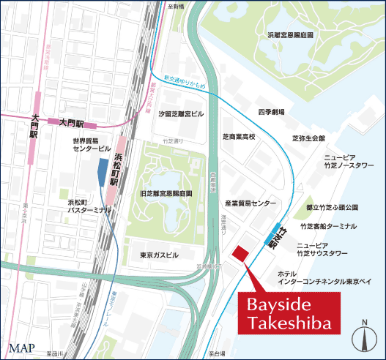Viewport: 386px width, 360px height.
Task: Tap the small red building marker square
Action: tap(240, 253)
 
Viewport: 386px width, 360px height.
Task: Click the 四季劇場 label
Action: tap(271, 111)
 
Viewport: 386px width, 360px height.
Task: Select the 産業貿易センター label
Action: tap(250, 203)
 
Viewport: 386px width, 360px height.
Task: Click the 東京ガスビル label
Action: tap(159, 255)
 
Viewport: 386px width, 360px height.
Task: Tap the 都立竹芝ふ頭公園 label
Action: tap(331, 208)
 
